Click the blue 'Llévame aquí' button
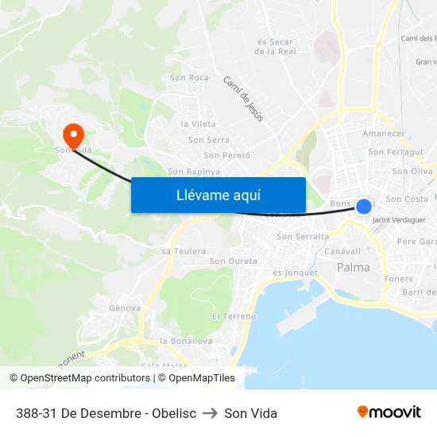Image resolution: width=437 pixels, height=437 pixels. tap(218, 195)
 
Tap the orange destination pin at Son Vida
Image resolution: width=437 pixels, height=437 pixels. tap(72, 133)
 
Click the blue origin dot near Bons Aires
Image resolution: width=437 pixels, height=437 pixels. tap(364, 207)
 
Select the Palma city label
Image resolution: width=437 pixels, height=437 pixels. tap(354, 268)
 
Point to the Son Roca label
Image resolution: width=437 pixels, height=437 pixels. tap(189, 78)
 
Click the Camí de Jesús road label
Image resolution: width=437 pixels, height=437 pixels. tap(242, 99)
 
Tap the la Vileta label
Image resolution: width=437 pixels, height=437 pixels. tap(198, 124)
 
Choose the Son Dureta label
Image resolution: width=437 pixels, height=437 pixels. tap(233, 261)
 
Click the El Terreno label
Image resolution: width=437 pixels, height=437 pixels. tap(234, 316)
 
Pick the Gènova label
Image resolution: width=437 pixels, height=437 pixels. tap(125, 308)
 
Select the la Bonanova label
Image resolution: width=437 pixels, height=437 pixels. tap(186, 341)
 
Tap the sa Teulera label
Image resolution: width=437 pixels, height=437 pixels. tap(178, 251)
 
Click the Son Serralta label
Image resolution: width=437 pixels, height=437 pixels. tap(302, 237)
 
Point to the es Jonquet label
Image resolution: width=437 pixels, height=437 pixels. tap(295, 273)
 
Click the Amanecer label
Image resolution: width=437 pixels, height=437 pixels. tap(383, 133)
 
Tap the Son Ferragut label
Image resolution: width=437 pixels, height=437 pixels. tap(396, 152)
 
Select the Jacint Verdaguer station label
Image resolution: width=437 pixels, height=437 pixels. tap(399, 220)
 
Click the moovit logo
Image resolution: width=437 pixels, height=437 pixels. tap(389, 412)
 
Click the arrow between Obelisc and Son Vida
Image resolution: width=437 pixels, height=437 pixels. tap(211, 413)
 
